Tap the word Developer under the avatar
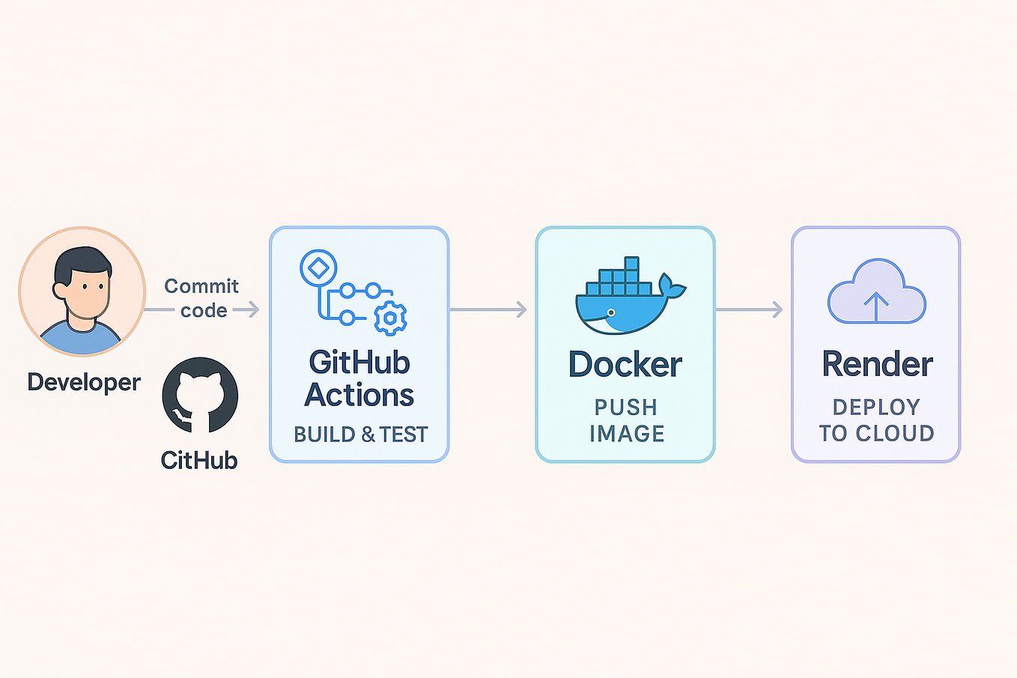[x=84, y=382]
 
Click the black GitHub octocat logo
[x=200, y=395]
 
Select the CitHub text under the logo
[x=199, y=460]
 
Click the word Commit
[x=201, y=286]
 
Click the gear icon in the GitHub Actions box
[x=389, y=318]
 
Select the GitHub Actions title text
[x=359, y=378]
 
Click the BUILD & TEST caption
[x=360, y=435]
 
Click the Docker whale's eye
[x=612, y=312]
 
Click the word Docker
[x=625, y=365]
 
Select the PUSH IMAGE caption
[x=626, y=420]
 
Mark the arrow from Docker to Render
[x=749, y=309]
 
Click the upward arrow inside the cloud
[x=876, y=306]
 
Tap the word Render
[x=877, y=365]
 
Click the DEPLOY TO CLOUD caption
[x=876, y=420]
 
